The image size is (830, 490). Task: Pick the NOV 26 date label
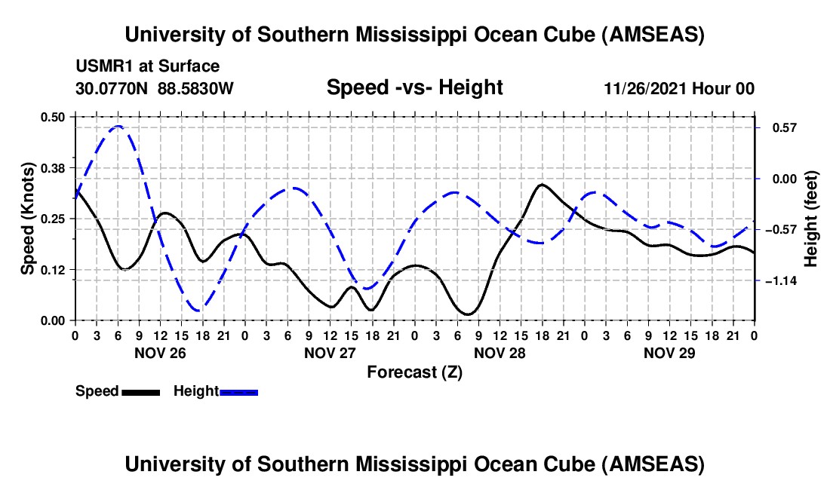[159, 352]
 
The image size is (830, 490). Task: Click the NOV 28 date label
[500, 352]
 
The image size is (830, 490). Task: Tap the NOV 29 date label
[669, 352]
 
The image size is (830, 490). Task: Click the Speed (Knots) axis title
[27, 219]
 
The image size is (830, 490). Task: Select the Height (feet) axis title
[811, 219]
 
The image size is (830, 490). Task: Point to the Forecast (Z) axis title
[414, 372]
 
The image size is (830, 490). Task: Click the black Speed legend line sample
[140, 391]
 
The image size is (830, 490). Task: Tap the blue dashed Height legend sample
[238, 391]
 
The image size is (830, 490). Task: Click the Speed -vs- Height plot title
[414, 88]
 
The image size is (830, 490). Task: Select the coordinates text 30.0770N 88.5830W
[155, 88]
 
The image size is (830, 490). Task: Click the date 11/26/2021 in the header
[644, 89]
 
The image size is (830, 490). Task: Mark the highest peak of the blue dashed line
[118, 127]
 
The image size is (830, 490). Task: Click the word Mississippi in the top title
[420, 35]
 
